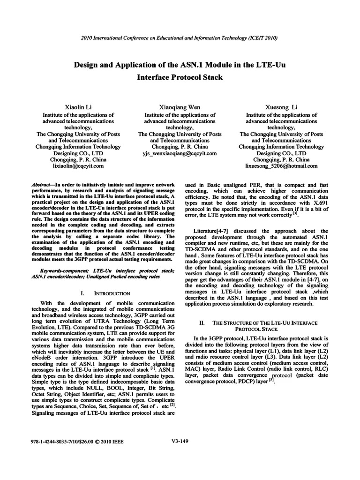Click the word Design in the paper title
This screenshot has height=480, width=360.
coord(87,64)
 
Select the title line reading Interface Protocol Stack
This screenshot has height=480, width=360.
coord(180,77)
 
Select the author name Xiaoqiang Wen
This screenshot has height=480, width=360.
coord(180,107)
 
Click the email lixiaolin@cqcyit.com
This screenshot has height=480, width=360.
coord(79,165)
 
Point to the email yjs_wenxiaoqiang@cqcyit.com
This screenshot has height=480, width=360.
coord(180,153)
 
